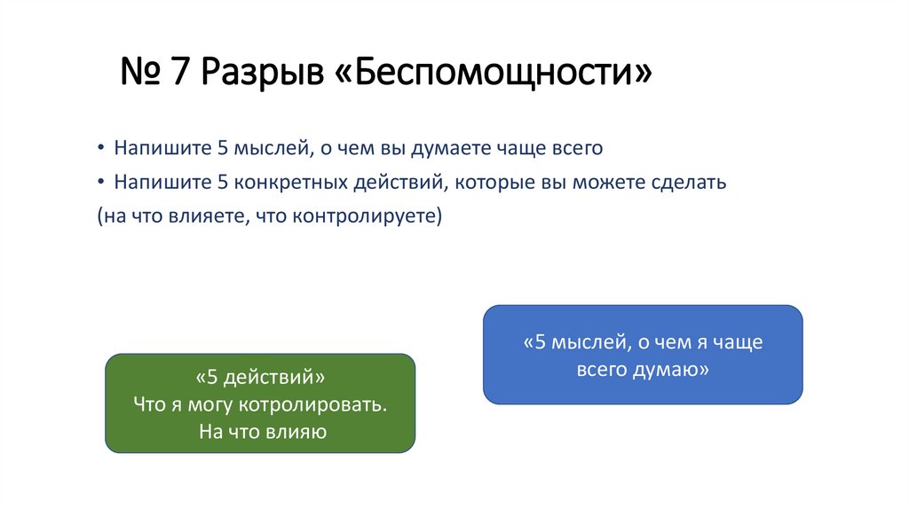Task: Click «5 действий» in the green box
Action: tap(260, 377)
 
